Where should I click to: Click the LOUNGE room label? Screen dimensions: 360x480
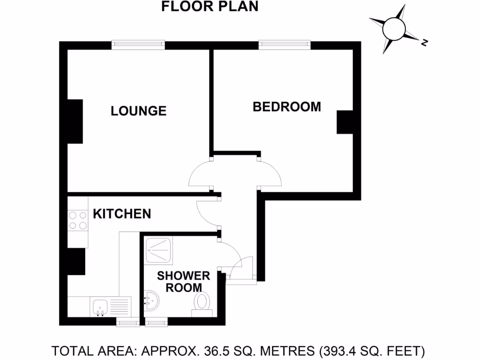tap(138, 111)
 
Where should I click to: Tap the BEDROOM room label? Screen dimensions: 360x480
tap(287, 107)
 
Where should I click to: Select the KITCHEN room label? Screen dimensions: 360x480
tap(122, 214)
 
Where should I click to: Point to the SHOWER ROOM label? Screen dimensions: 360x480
tap(183, 281)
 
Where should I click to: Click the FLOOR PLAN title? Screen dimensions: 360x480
tap(210, 7)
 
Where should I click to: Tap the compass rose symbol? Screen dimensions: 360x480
tap(394, 29)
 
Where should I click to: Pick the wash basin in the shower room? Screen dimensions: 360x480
tap(152, 300)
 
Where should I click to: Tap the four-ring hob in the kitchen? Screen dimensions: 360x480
tap(78, 220)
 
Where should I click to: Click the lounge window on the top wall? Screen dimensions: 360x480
tap(138, 45)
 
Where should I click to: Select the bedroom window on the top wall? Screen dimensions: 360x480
tap(285, 45)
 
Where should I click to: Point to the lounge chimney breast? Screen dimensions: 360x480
tap(75, 121)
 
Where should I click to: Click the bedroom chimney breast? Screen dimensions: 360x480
tap(345, 122)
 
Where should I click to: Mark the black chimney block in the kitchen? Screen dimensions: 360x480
tap(76, 262)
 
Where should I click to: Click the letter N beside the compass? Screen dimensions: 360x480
tap(424, 43)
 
